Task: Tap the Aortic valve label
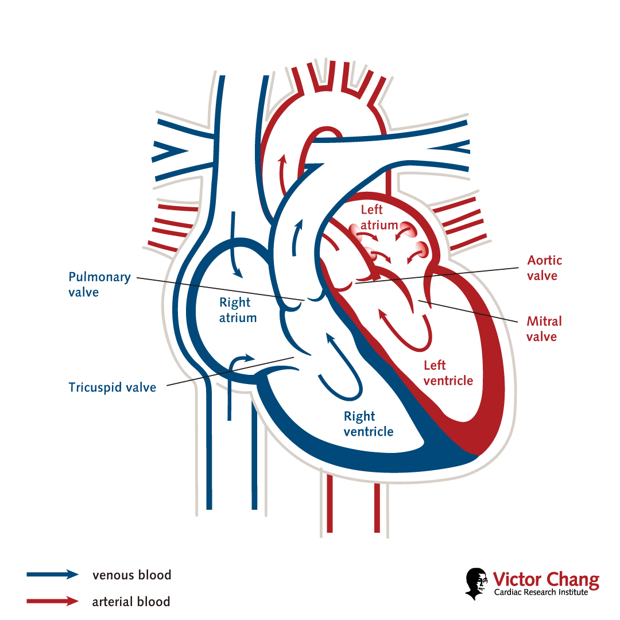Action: (x=545, y=268)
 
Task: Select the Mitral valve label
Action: (x=544, y=329)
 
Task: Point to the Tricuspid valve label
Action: (x=112, y=387)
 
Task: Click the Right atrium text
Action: (x=238, y=310)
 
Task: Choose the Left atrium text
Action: (x=378, y=218)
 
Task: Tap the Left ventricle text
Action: (x=448, y=373)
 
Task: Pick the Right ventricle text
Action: (x=368, y=424)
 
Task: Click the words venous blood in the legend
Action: (x=131, y=575)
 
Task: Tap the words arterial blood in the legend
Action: (x=131, y=602)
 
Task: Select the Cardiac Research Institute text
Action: (x=541, y=592)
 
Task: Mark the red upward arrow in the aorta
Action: (x=282, y=175)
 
